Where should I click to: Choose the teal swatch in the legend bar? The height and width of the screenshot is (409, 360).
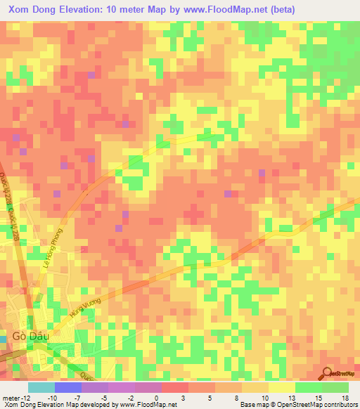41,387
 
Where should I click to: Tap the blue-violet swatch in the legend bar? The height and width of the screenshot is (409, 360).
67,387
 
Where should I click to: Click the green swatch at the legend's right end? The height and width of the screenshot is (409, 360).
335,387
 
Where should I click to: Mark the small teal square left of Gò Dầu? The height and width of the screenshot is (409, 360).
2,339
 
